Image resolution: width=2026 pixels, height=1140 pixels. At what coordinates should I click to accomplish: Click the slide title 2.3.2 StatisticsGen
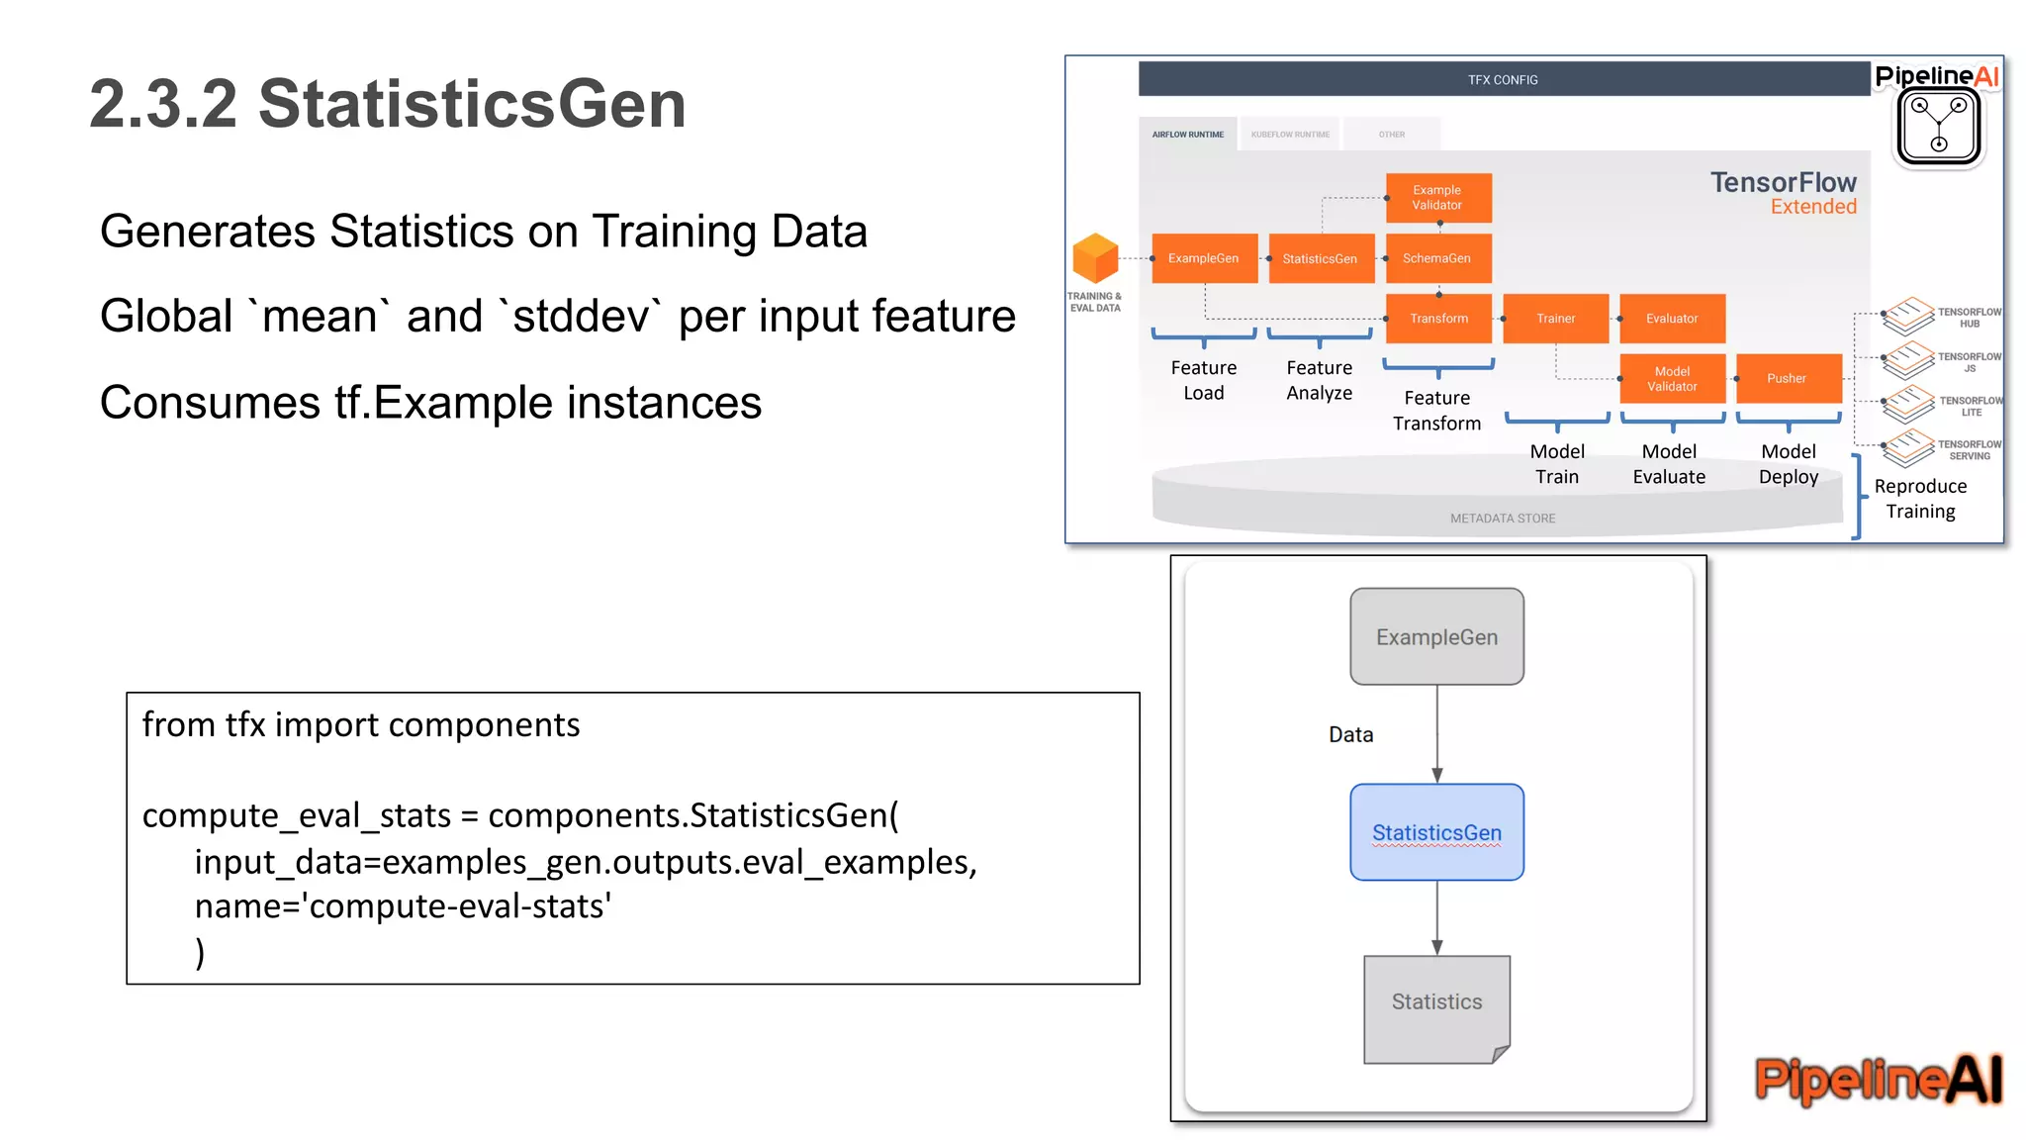pos(387,104)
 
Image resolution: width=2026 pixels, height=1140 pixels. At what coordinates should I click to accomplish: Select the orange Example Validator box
pos(1437,198)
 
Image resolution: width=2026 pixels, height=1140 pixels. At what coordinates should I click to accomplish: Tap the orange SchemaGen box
pos(1437,258)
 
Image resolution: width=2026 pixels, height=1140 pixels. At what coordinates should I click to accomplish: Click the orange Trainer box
pos(1555,319)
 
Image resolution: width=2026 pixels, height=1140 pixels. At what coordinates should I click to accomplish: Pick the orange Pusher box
pos(1788,378)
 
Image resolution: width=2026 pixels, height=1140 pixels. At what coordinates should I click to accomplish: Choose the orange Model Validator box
pos(1672,379)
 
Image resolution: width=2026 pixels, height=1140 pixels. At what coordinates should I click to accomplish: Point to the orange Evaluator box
pos(1672,319)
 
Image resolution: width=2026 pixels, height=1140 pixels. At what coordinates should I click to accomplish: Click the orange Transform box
pos(1438,319)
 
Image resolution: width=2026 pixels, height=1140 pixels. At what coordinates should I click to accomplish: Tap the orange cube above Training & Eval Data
pos(1095,258)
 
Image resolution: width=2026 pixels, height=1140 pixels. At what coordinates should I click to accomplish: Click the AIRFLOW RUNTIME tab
pos(1187,135)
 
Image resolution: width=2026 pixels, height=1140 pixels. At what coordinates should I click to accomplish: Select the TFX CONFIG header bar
pos(1503,80)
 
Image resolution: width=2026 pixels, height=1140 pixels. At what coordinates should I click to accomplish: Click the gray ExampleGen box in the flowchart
pos(1436,637)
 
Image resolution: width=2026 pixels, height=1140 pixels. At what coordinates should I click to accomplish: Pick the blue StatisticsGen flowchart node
pos(1436,833)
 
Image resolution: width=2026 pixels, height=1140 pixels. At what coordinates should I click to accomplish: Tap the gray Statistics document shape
pos(1436,1005)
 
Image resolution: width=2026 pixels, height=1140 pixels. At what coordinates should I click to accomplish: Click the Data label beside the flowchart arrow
pos(1350,735)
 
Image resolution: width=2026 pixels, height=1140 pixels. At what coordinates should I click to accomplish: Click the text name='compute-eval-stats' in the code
pos(403,906)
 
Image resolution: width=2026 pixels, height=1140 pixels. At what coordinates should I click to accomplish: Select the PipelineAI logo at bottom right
pos(1878,1079)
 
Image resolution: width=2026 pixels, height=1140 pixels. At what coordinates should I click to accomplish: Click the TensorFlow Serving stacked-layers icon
pos(1907,448)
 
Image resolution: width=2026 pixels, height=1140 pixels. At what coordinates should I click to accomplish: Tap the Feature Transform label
pos(1436,411)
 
